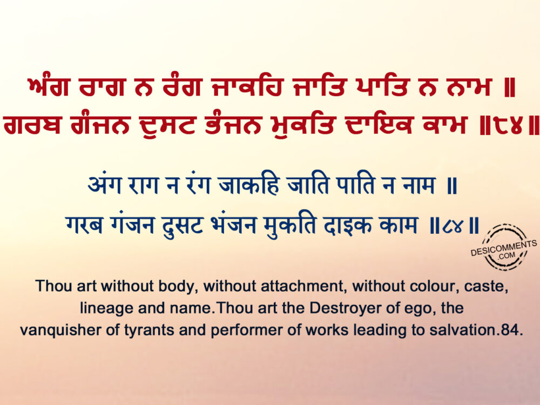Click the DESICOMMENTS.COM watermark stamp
[x=504, y=247]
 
